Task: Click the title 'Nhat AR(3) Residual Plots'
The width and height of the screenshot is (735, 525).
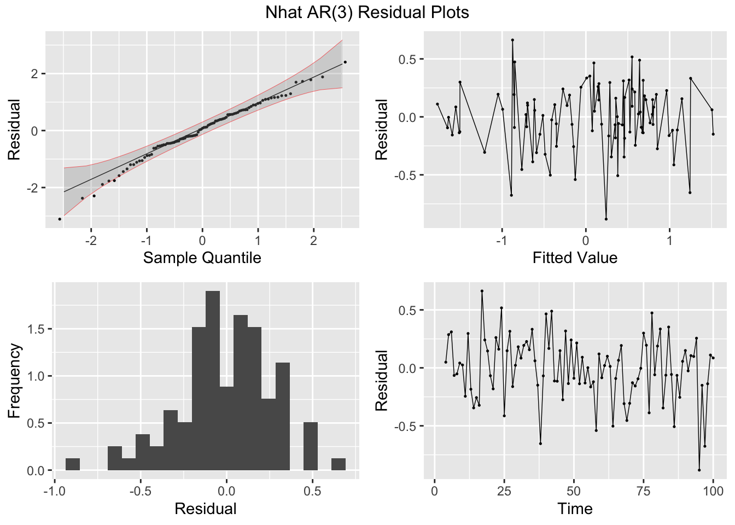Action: [367, 12]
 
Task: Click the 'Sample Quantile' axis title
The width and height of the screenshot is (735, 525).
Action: [202, 258]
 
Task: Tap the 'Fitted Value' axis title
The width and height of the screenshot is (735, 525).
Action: [575, 258]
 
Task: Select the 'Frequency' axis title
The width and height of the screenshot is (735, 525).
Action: [14, 381]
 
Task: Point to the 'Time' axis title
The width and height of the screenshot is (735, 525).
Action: [575, 509]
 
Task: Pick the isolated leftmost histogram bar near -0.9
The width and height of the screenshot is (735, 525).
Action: [73, 464]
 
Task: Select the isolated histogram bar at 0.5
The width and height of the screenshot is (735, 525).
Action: [311, 446]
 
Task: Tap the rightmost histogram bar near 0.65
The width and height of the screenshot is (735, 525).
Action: [339, 464]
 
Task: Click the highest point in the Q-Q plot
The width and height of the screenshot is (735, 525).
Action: [345, 62]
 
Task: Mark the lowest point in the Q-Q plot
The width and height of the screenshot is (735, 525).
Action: [60, 219]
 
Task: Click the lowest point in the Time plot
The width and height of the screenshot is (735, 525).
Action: [699, 470]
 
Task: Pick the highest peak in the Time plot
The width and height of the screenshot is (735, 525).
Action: [482, 291]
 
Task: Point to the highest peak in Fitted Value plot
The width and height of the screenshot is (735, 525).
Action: [512, 40]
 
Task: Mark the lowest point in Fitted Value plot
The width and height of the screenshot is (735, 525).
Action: [606, 219]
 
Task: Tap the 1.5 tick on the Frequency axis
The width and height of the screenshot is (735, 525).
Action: [37, 329]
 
